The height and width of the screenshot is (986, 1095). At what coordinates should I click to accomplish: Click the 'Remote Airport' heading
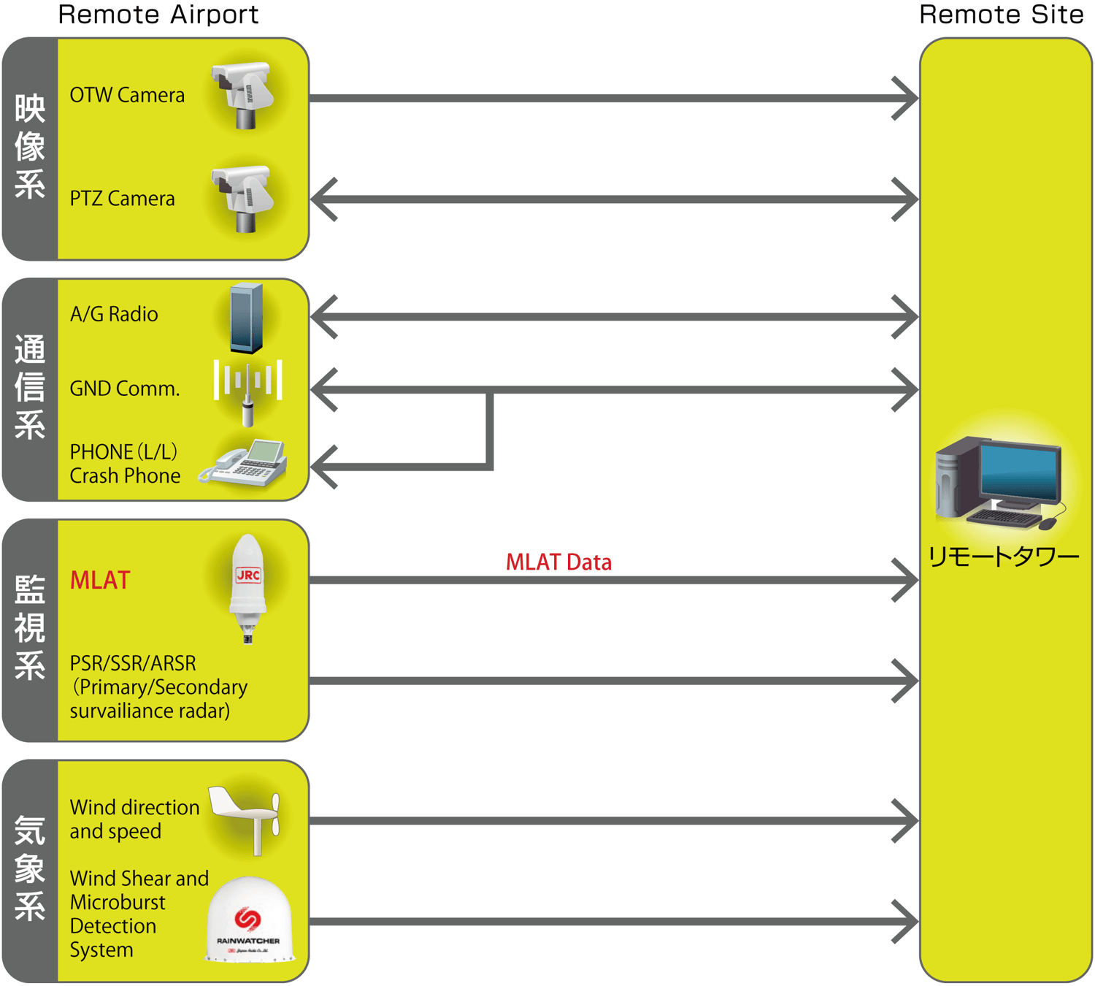pos(158,15)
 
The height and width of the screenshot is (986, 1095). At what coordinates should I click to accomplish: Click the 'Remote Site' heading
pos(1001,15)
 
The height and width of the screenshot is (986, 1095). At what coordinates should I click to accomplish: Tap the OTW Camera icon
pos(243,95)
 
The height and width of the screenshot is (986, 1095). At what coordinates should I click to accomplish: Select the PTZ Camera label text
pos(122,199)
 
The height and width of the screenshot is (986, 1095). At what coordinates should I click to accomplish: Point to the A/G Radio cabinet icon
pos(246,318)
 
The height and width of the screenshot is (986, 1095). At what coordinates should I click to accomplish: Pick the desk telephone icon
pos(245,464)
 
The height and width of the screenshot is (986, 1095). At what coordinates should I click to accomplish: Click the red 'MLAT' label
pos(100,580)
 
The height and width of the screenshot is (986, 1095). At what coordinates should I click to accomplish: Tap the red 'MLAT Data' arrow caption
pos(558,562)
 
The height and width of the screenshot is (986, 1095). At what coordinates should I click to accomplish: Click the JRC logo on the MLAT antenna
pos(248,576)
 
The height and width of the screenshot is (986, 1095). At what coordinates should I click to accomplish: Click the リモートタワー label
pos(1003,558)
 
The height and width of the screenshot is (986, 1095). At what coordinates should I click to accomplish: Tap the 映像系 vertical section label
pos(30,147)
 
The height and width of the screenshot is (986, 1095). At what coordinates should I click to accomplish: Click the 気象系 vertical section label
pos(30,869)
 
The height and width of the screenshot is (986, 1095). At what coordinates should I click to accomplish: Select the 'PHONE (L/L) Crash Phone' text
pos(125,464)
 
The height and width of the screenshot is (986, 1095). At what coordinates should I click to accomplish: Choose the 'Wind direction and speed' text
pos(134,819)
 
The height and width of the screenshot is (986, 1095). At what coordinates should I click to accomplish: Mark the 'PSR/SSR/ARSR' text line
pos(133,663)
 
